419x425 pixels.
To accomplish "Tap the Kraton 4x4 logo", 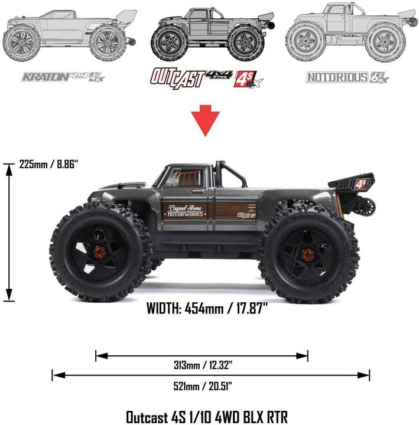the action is coord(62,77).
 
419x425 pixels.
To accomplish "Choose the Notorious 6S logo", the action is coord(347,77).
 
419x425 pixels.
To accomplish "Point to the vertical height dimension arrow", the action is coord(9,233).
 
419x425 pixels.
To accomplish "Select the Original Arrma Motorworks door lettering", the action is coord(187,211).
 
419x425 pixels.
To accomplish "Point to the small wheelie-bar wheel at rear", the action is coord(366,207).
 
